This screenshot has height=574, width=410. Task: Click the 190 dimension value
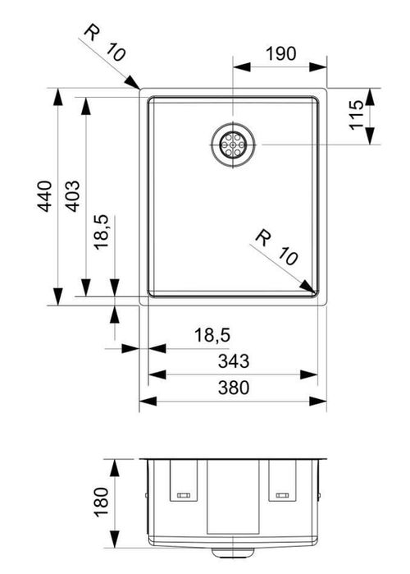pos(280,54)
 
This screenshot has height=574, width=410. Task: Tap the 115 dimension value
pos(357,115)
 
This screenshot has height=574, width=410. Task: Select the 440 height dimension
pos(45,196)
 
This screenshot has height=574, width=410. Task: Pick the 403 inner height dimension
pos(72,196)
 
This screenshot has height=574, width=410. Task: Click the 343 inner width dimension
pos(234,361)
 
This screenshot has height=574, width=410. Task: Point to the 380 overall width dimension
pos(234,388)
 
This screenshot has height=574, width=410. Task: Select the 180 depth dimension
pos(101,502)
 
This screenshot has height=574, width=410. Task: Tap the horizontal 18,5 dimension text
pos(212,335)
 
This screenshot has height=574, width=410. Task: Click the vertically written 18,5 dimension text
pos(101,232)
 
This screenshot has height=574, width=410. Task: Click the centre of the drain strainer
pos(233,145)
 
